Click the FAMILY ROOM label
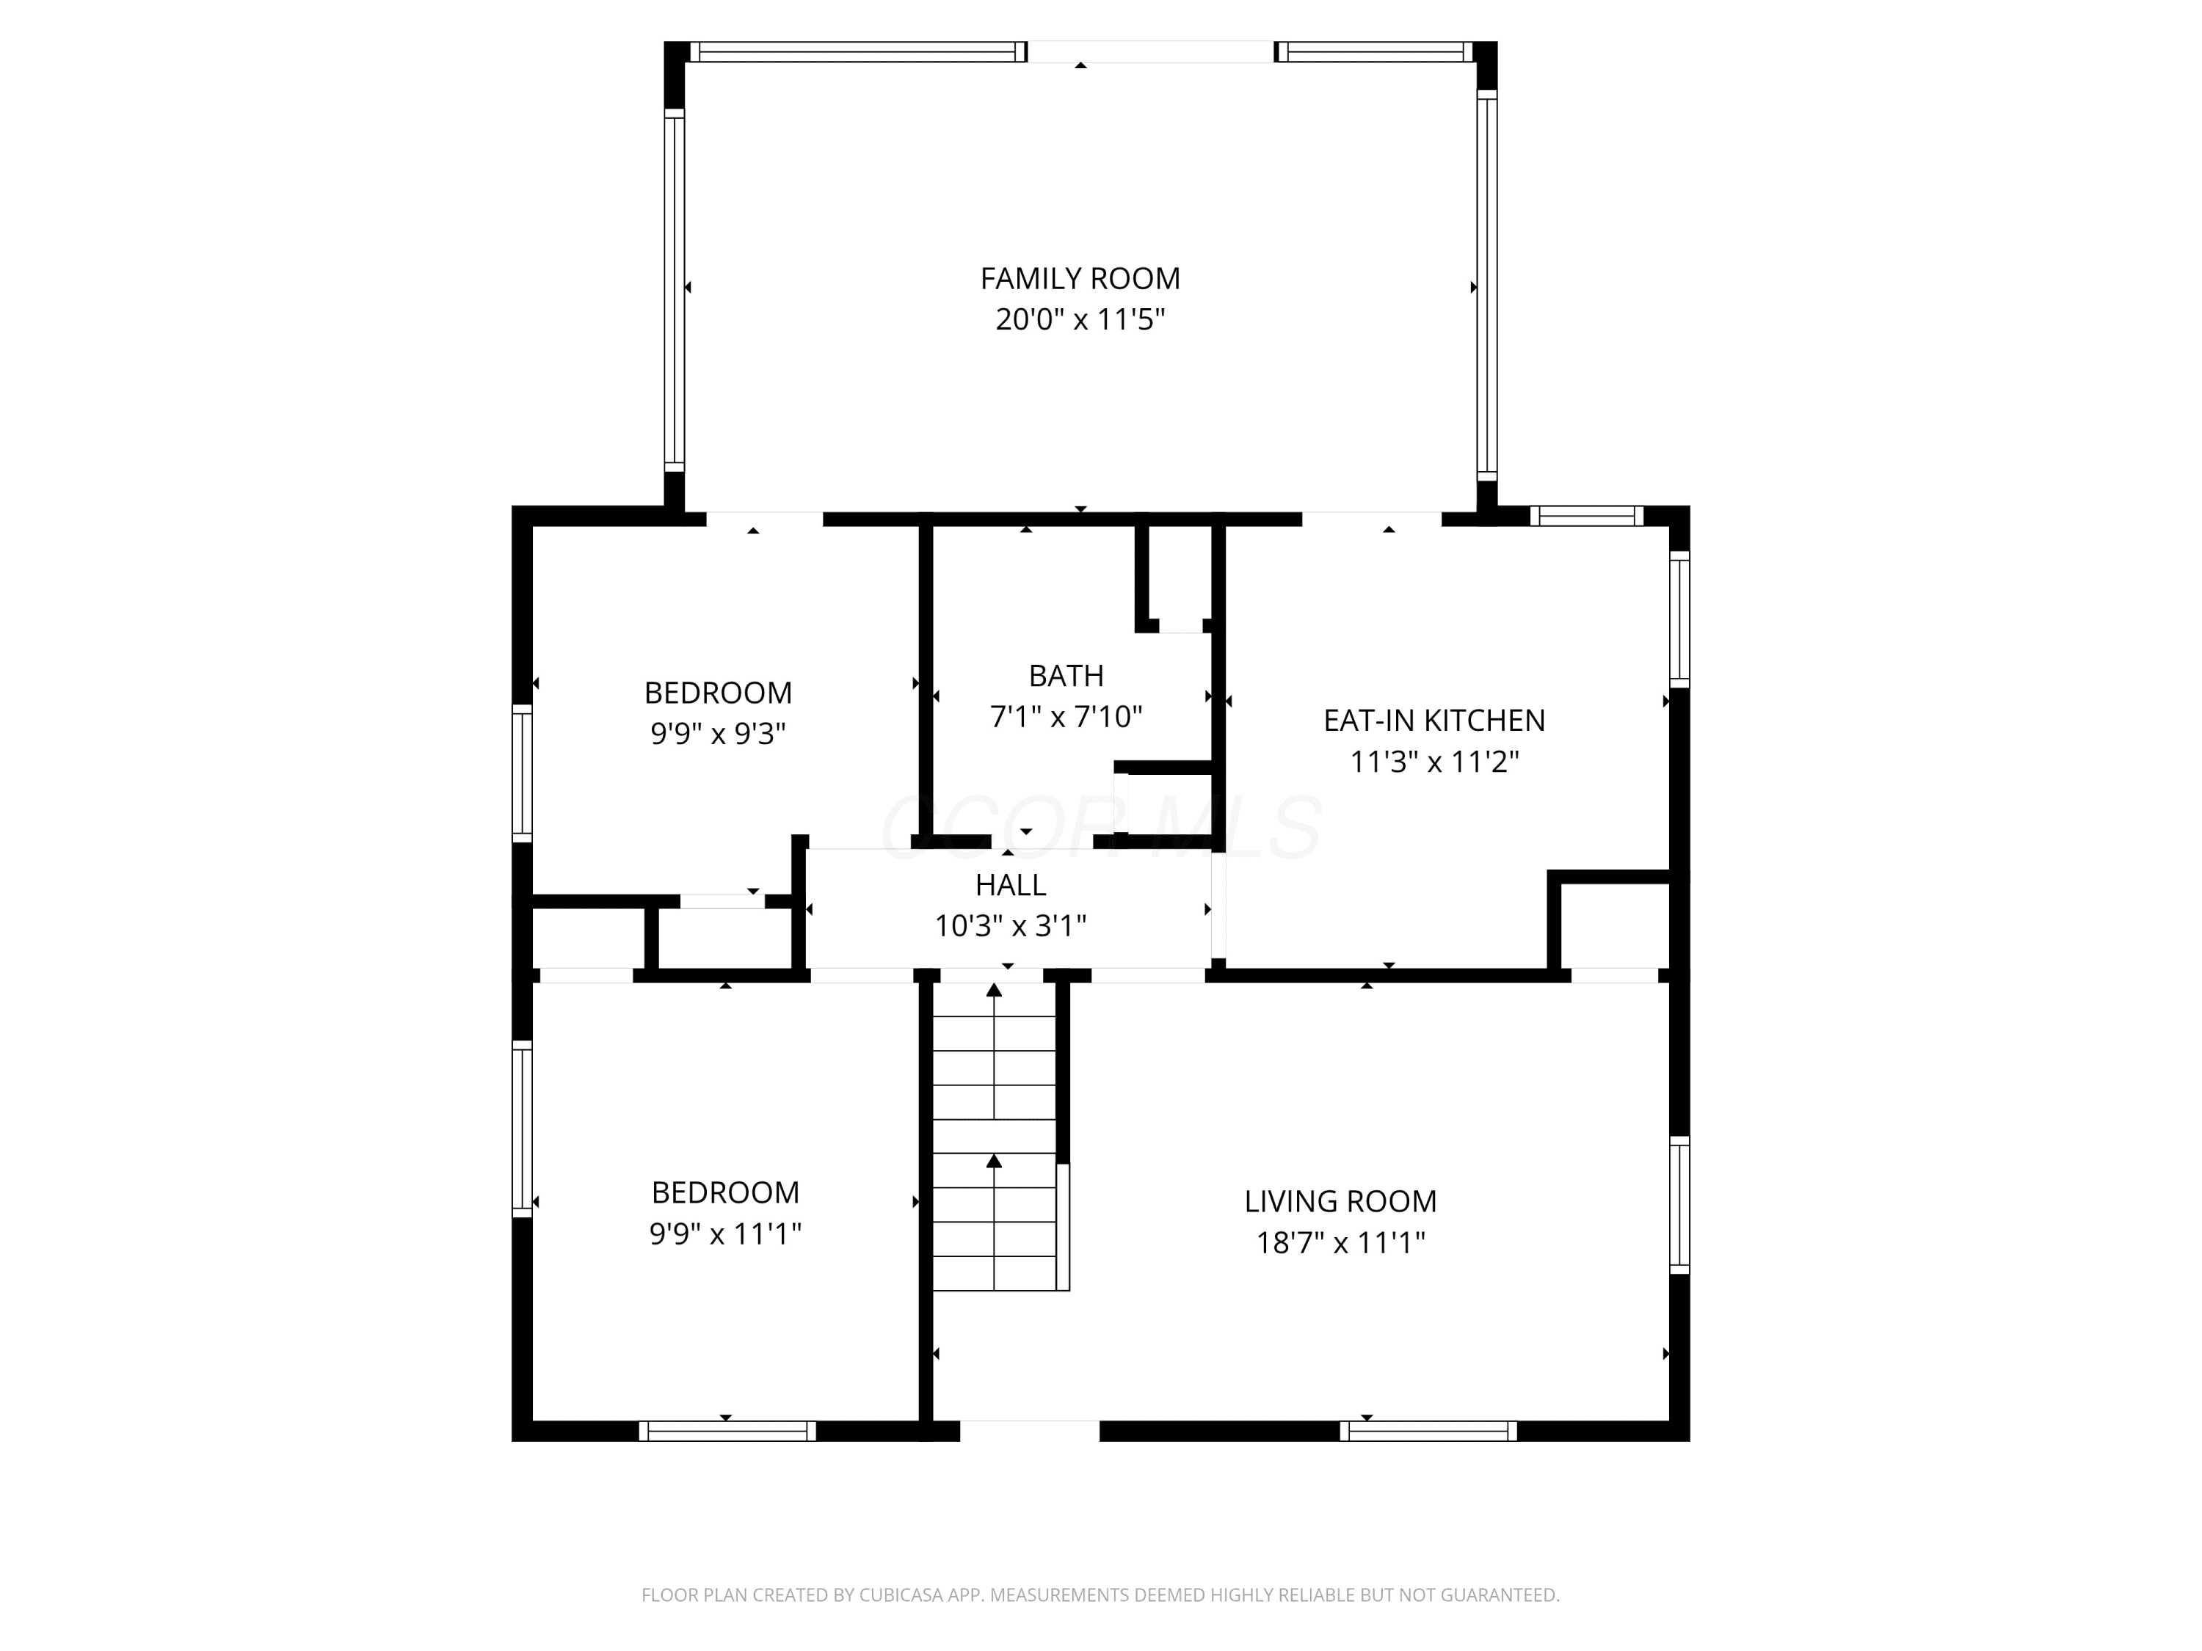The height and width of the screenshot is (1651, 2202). click(1080, 279)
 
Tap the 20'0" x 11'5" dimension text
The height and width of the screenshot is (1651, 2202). click(1080, 319)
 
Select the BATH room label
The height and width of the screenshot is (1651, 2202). click(1067, 676)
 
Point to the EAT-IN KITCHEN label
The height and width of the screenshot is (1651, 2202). click(1434, 721)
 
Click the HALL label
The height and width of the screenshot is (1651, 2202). click(1011, 885)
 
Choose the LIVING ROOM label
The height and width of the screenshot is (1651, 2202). click(1340, 1201)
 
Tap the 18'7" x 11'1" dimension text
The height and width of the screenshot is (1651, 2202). click(1340, 1243)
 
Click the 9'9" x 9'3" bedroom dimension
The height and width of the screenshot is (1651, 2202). click(718, 734)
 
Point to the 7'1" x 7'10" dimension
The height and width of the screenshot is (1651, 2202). click(1067, 716)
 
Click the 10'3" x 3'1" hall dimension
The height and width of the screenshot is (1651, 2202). click(1011, 927)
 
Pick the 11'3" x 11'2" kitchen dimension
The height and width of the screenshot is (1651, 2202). click(1434, 762)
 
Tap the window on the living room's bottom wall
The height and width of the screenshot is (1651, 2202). click(1428, 1431)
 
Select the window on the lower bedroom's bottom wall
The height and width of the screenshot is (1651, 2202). click(727, 1431)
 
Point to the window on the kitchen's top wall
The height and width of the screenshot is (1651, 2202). click(1587, 516)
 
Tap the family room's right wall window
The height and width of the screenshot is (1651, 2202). click(1486, 285)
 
